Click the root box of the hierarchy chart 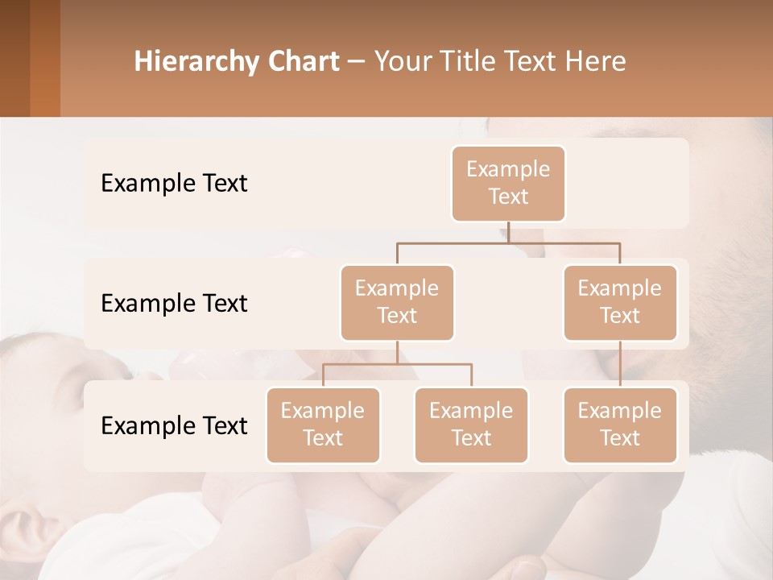tap(508, 183)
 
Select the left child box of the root tap(397, 302)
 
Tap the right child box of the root tap(620, 302)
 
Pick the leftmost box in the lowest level tap(323, 425)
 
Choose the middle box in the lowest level tap(471, 425)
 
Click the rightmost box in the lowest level tap(620, 425)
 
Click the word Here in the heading tap(597, 61)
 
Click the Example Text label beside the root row tap(174, 183)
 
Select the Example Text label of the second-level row tap(174, 303)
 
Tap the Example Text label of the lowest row tap(174, 425)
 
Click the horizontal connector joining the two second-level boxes tap(508, 242)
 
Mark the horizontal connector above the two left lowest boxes tap(397, 364)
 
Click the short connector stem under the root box tap(508, 232)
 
